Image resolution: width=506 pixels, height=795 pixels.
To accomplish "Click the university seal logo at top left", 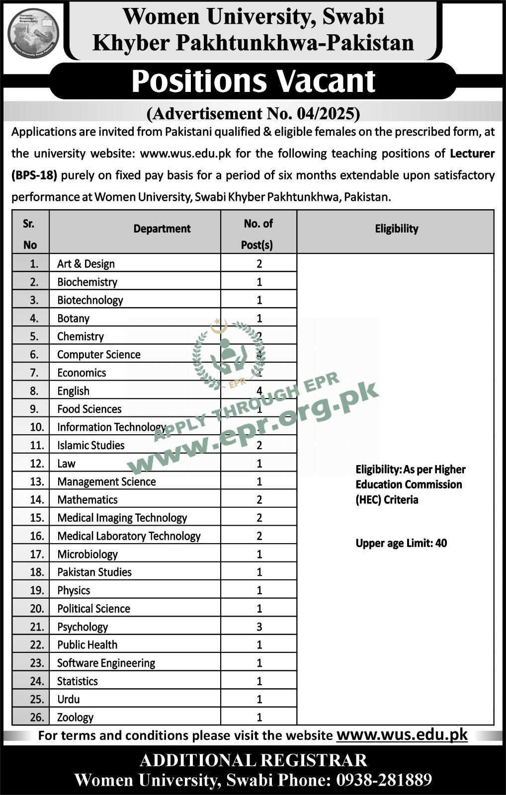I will pos(33,33).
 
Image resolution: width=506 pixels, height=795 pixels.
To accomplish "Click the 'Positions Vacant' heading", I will pos(253,81).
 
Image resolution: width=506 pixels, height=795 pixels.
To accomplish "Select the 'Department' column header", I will pos(162,229).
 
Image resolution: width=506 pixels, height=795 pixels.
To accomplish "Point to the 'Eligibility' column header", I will pos(396,229).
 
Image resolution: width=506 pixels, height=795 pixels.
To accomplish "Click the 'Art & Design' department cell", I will pos(86,264).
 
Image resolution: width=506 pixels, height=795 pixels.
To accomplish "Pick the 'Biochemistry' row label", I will pos(87,282).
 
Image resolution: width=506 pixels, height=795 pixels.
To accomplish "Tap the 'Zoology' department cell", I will pos(75,717).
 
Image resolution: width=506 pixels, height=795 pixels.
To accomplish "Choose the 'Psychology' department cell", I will pos(83,627).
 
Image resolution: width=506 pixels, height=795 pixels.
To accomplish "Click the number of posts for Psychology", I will pos(259,627).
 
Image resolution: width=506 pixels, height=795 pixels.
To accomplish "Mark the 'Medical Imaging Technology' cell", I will pos(122,518).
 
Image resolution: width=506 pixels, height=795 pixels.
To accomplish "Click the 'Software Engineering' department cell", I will pos(106,663).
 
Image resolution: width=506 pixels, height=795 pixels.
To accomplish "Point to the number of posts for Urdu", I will pos(259,700).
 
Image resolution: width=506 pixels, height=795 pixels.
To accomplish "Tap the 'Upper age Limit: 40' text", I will pos(401,544).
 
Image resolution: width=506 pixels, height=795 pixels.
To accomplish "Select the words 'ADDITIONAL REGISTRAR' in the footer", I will pos(253,760).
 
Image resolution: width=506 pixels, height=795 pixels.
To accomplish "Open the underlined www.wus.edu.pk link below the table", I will pos(402,734).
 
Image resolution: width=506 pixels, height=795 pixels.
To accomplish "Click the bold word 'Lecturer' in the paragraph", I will pos(472,154).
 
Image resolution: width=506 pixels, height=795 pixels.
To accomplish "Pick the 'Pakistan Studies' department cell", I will pos(94,572).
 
